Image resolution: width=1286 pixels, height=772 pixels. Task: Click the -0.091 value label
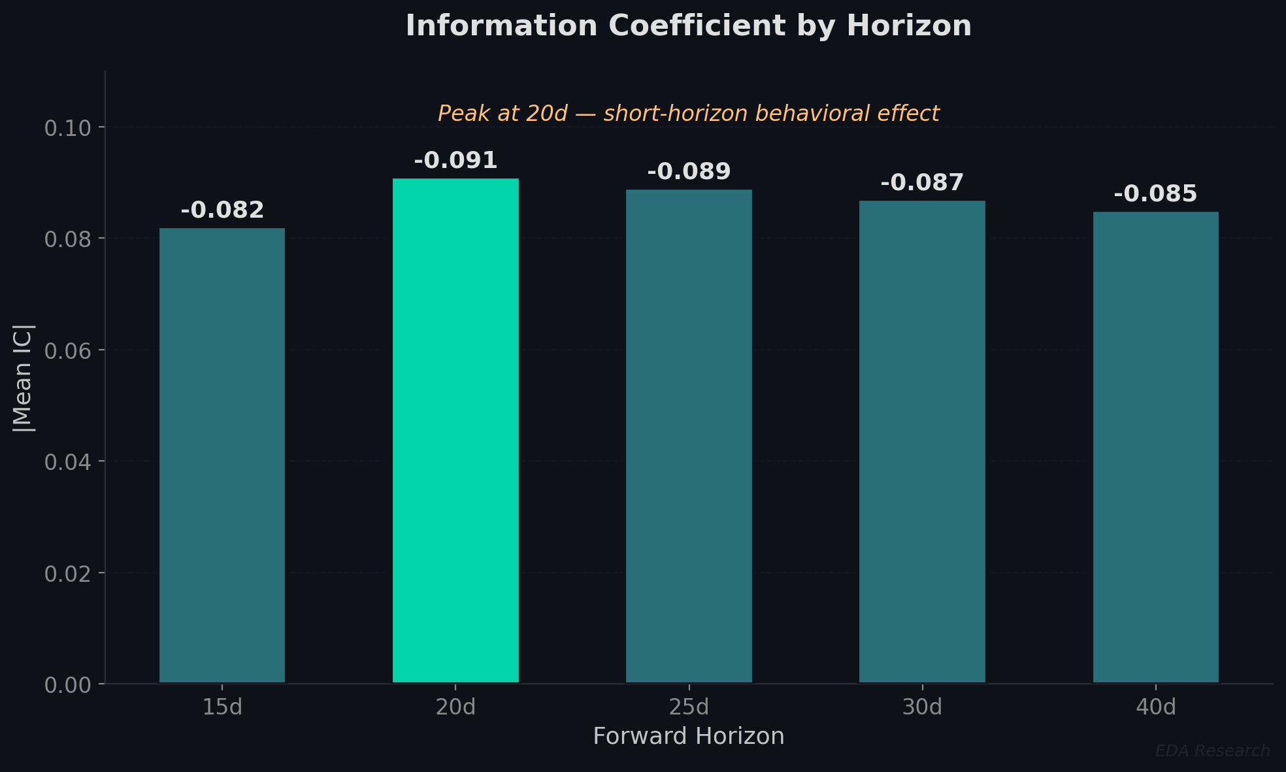(455, 161)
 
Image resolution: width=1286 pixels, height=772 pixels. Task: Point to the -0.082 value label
(222, 210)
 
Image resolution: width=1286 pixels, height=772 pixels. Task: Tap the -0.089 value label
(689, 172)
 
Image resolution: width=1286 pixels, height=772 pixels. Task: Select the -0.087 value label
(922, 183)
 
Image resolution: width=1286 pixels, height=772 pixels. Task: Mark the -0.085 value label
(1155, 194)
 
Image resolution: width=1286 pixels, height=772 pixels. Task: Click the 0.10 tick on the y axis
(67, 128)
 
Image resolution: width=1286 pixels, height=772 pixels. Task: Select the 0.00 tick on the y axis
(67, 685)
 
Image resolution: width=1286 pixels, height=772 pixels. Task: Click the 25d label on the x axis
(689, 707)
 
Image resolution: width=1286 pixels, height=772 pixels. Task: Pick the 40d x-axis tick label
(1155, 707)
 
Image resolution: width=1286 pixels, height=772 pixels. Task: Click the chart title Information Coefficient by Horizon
(689, 26)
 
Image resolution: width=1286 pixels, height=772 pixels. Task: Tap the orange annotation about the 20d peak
(689, 114)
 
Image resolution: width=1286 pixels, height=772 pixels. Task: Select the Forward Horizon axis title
(689, 737)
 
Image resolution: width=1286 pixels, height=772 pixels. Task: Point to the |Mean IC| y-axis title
(24, 378)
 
